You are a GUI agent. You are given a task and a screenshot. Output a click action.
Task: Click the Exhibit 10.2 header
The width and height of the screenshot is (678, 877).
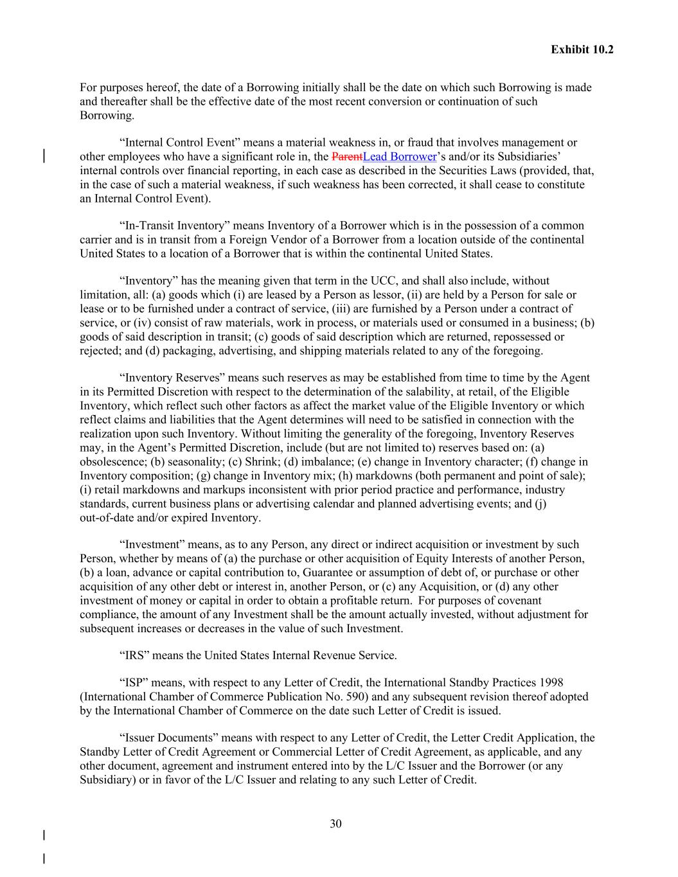click(582, 49)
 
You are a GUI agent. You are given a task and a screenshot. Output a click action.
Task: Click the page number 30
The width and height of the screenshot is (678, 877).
click(335, 824)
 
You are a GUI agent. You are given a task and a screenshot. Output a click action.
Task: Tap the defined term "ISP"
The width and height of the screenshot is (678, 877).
click(132, 682)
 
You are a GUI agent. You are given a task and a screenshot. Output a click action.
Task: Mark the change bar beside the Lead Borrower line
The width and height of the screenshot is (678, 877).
click(44, 156)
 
